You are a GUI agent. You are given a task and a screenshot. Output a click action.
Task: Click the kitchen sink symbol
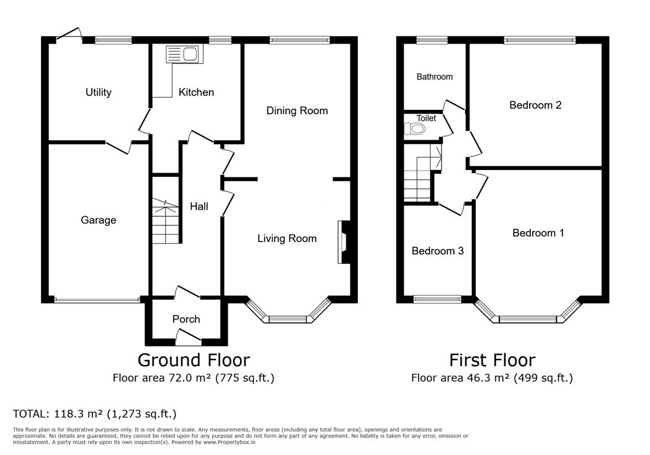coord(182,55)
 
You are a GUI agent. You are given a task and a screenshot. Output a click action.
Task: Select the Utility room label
coord(98,92)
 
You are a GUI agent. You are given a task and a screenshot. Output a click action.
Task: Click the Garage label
coord(98,220)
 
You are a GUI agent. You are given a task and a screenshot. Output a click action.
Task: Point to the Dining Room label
coord(296,110)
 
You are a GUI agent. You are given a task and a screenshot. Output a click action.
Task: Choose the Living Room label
coord(287,238)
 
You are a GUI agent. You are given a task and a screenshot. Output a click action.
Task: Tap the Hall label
coord(199,206)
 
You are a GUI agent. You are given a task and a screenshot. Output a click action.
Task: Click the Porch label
coord(186,319)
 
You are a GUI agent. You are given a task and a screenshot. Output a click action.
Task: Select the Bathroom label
coord(434,77)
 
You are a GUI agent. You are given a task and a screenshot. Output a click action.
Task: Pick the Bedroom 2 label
coord(535,105)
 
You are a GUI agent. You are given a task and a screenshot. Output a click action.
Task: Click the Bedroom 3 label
coord(437,251)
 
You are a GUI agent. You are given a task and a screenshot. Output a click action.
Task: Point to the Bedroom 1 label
coord(538,233)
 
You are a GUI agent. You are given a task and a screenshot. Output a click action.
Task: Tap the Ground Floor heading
coord(193,359)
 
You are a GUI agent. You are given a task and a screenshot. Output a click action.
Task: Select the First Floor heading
coord(492,359)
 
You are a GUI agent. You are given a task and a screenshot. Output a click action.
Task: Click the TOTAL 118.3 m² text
coord(95,413)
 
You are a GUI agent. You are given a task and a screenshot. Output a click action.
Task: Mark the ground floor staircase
coord(165,221)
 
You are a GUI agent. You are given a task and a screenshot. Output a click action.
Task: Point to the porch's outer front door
coord(188,337)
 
